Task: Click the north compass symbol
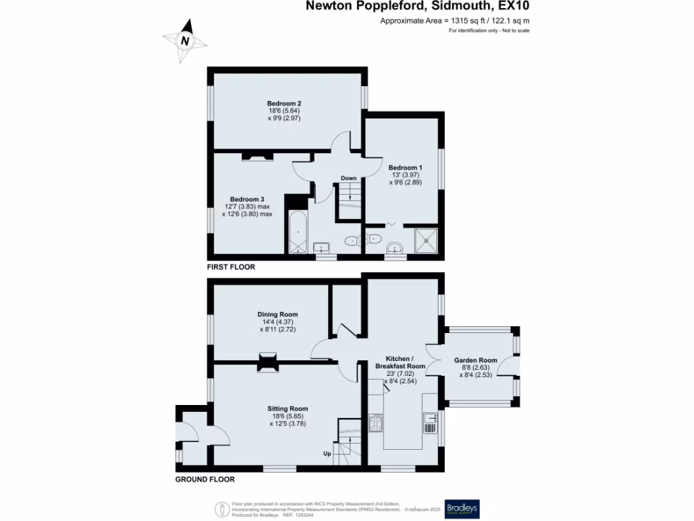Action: tap(185, 40)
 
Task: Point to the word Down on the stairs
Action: tap(348, 178)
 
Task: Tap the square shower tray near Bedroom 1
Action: tap(426, 240)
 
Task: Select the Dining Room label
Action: tap(277, 315)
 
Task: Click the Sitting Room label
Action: tap(287, 409)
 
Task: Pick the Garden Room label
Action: tap(475, 360)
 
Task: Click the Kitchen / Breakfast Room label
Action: tap(400, 362)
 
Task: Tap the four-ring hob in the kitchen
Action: tap(375, 423)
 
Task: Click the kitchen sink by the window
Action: tap(430, 423)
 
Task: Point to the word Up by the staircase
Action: tap(327, 453)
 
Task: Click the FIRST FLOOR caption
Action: tap(231, 267)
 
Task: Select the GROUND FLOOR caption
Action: tap(205, 480)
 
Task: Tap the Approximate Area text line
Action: tap(455, 21)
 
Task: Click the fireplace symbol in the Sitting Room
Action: tap(268, 363)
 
